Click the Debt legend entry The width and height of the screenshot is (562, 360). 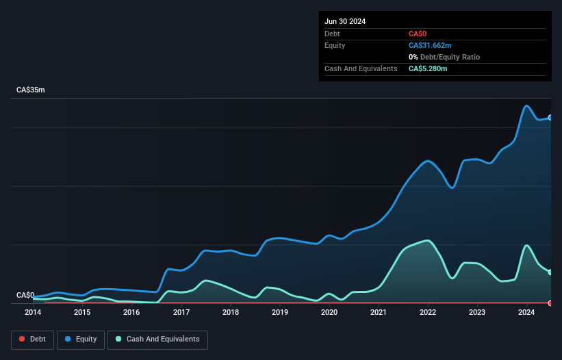pos(34,339)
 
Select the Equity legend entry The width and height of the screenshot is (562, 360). pos(80,339)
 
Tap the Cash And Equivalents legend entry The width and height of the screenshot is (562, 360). pos(157,339)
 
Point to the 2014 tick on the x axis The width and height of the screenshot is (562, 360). pos(33,313)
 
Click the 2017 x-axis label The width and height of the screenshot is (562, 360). pos(181,313)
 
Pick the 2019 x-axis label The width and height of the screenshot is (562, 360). pos(279,313)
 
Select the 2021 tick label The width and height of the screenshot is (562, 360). pos(378,313)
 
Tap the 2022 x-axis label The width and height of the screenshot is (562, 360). pos(427,313)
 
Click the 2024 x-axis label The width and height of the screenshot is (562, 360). pos(526,313)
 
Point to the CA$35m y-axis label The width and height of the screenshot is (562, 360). pos(30,90)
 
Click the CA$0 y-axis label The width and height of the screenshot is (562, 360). pos(25,295)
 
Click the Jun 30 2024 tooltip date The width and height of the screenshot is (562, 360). pos(345,21)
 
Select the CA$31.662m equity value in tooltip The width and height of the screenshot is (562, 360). pos(430,45)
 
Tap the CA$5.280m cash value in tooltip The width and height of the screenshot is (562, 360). pos(428,68)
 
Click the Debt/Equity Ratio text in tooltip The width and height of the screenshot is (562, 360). pos(452,57)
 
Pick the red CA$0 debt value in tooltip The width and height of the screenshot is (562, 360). pos(418,34)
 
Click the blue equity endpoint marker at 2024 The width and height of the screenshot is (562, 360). pos(550,118)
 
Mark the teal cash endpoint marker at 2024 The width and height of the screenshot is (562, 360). pos(550,272)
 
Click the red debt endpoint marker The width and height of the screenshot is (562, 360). pos(550,303)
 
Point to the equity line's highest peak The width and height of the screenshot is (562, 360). pos(526,106)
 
